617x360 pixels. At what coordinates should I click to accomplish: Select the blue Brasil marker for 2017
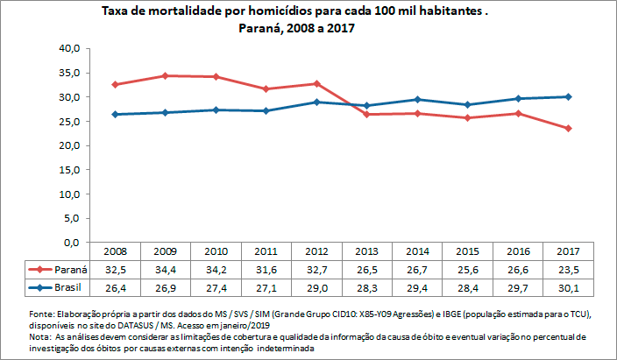click(x=569, y=96)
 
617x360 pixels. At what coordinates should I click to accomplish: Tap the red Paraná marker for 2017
click(x=569, y=128)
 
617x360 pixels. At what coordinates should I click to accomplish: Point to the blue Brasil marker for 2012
click(x=316, y=102)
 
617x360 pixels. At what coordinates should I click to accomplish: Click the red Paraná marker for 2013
click(x=367, y=114)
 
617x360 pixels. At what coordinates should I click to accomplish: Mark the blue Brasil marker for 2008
click(x=115, y=114)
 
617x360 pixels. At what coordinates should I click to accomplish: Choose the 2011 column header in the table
click(x=266, y=251)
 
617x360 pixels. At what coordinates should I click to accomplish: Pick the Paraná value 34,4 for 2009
click(x=166, y=269)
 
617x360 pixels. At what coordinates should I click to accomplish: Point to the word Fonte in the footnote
click(x=40, y=313)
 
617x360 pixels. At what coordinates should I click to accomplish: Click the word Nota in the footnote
click(x=39, y=336)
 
